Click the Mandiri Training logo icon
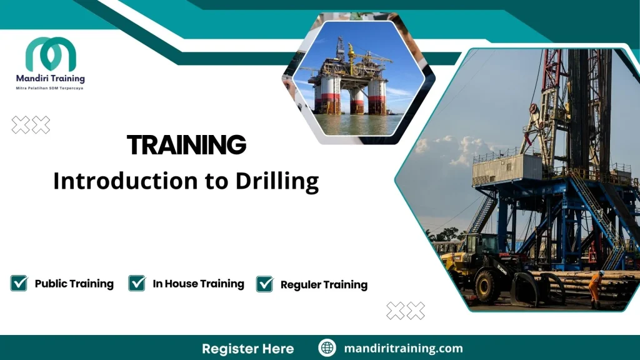pos(51,54)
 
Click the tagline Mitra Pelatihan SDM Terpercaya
pos(49,89)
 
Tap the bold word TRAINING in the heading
pos(186,145)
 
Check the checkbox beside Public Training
pos(19,283)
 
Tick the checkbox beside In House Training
pos(137,283)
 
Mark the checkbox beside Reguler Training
pos(265,284)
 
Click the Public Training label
pos(74,284)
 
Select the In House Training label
pos(198,284)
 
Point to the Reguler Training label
pos(324,285)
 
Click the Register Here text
pos(247,348)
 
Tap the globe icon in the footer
pos(327,348)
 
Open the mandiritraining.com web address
pos(403,348)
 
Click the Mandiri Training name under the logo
pos(51,79)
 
